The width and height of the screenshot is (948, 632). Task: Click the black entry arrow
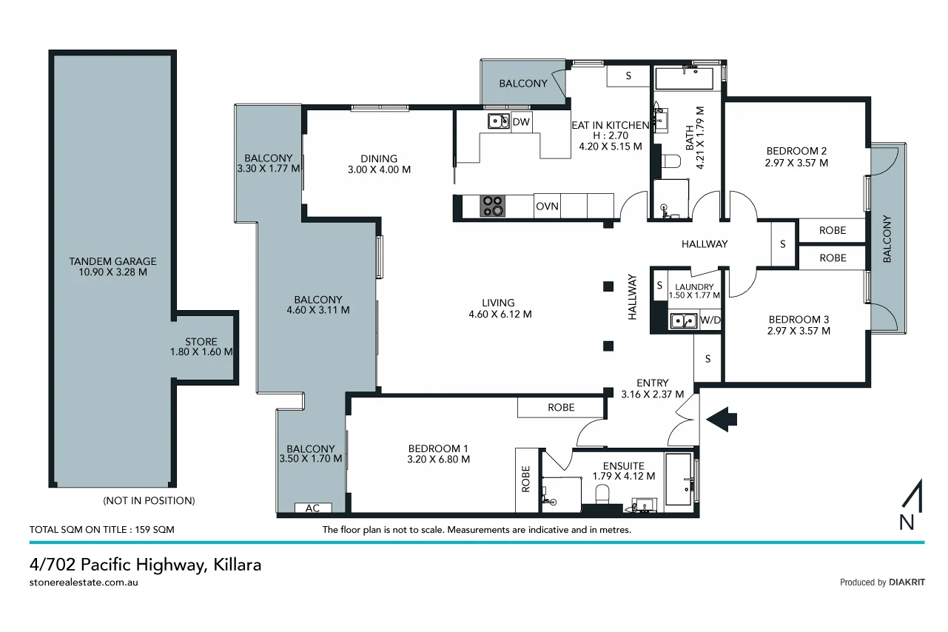point(722,420)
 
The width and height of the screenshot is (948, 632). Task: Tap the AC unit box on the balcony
point(313,508)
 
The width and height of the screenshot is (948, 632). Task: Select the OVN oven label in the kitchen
point(547,206)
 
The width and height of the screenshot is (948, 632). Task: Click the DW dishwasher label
point(521,122)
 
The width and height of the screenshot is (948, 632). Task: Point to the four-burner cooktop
point(493,206)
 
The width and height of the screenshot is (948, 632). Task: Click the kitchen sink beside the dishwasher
point(497,121)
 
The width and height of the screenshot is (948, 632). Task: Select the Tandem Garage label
point(112,267)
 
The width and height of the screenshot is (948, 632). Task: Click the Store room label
point(201,347)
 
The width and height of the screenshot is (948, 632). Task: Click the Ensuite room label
point(623,471)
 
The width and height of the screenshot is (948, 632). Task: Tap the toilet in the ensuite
point(602,494)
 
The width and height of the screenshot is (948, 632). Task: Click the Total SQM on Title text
point(101,530)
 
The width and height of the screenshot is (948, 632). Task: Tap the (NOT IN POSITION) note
point(149,501)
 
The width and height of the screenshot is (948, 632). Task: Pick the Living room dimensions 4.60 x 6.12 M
point(500,314)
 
